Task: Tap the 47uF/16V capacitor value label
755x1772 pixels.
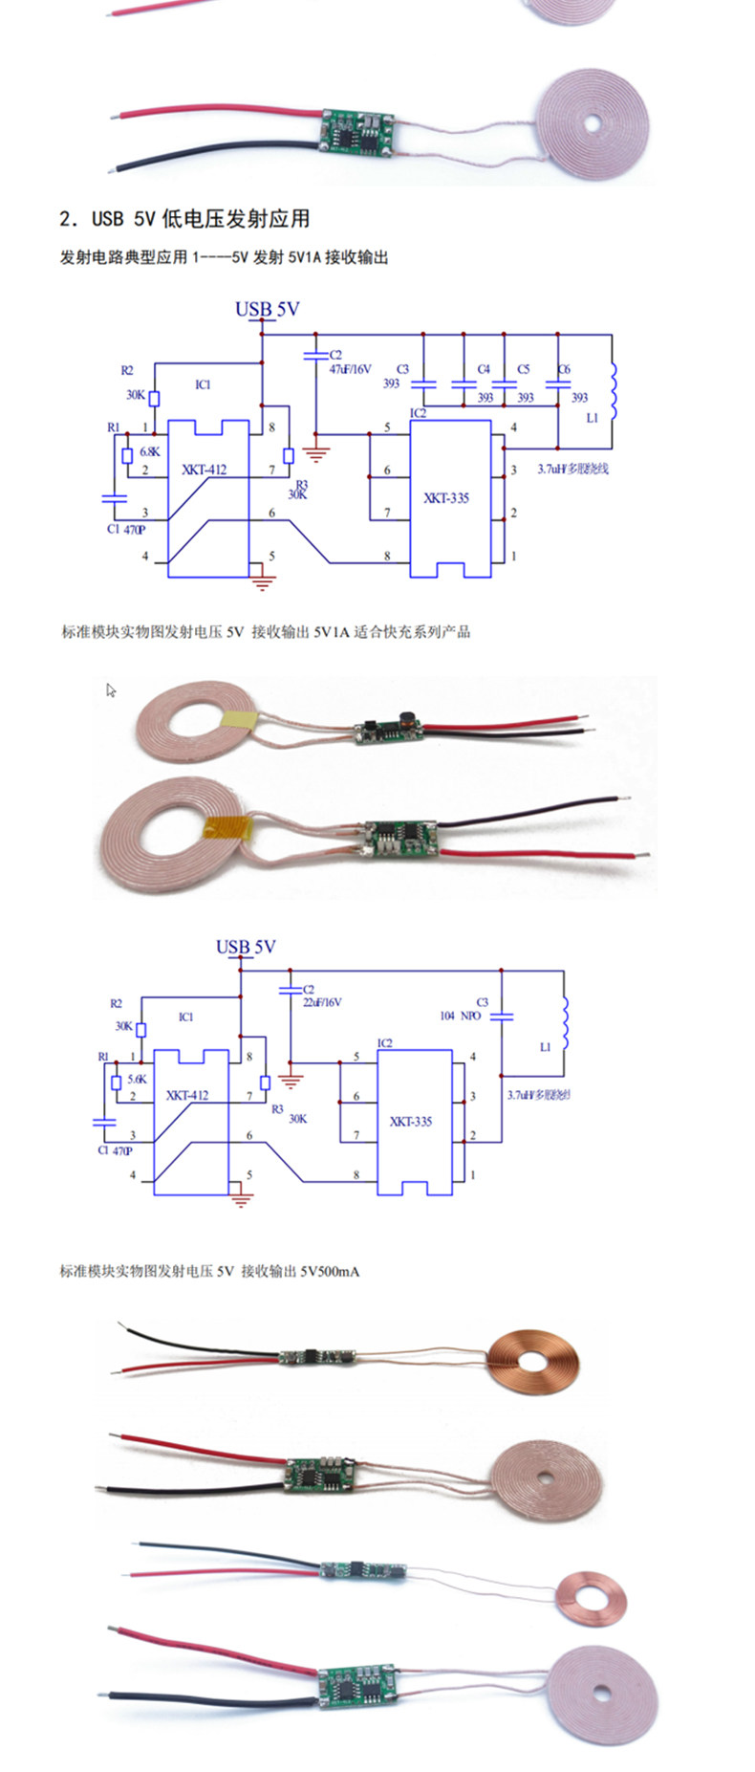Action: coord(350,368)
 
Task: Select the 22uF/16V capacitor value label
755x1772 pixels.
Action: coord(322,1002)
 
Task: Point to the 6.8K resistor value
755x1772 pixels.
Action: coord(150,451)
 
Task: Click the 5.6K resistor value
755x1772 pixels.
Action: coord(137,1079)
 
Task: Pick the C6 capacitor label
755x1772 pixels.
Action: coord(564,368)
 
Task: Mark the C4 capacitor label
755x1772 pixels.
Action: coord(484,368)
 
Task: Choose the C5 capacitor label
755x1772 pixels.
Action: coord(523,368)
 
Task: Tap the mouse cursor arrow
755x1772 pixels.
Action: coord(111,689)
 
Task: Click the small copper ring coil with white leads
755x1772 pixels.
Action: coord(593,1598)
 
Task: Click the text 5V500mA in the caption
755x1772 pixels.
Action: coord(330,1271)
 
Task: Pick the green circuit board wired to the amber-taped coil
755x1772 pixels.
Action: coord(400,839)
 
